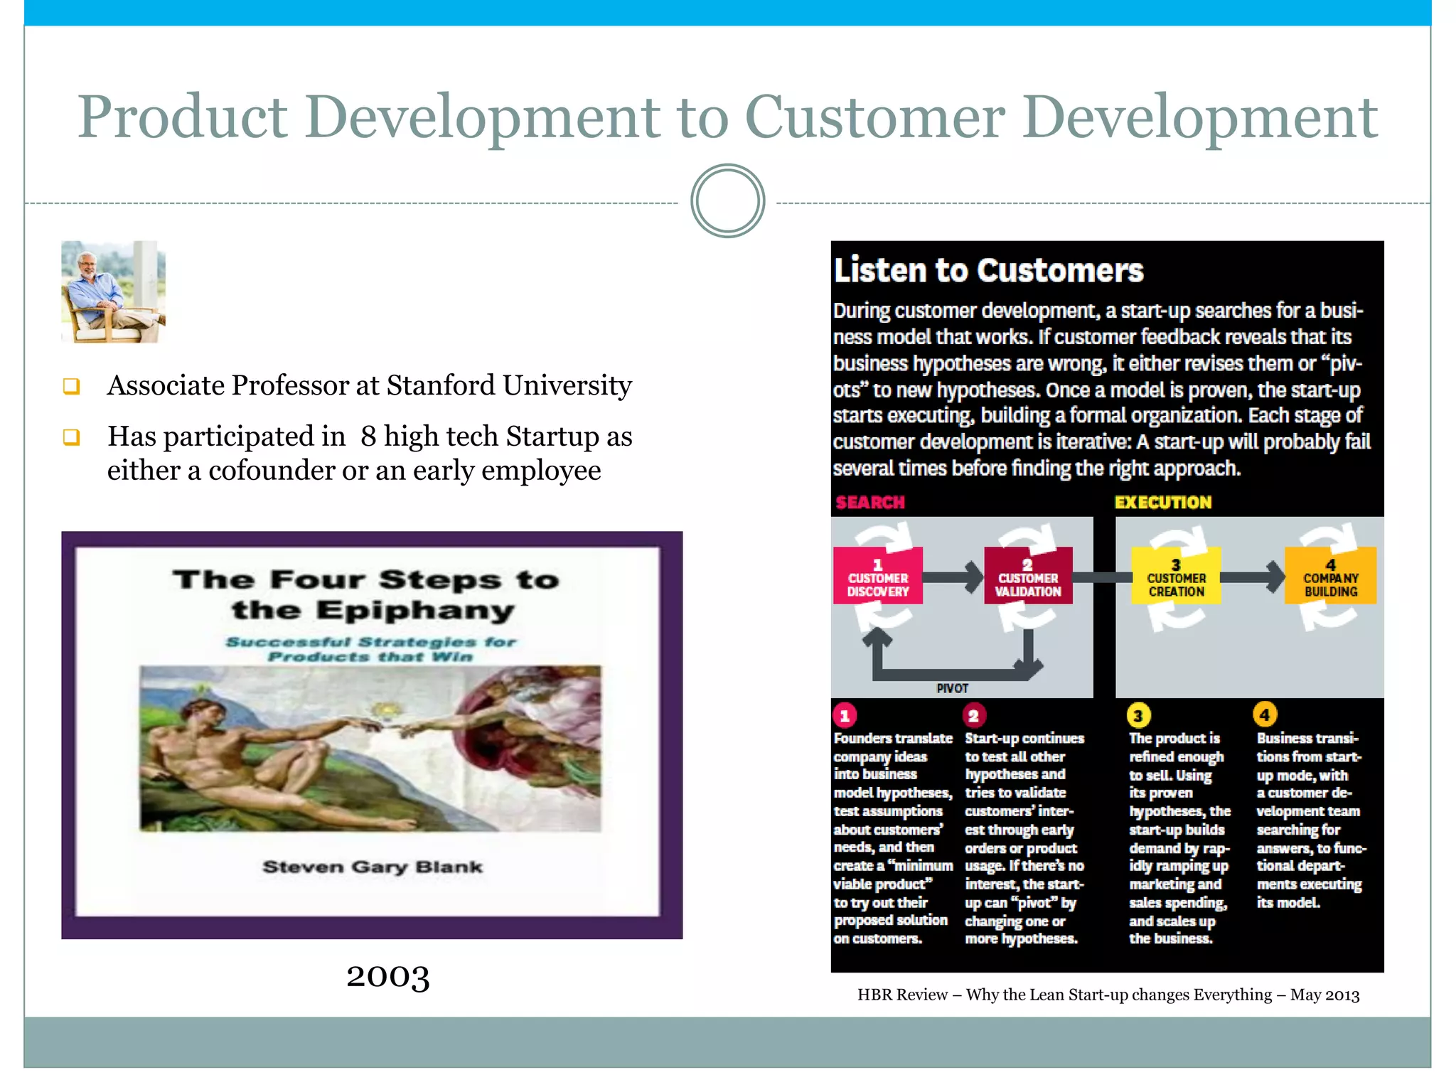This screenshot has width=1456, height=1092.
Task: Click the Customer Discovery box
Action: (878, 576)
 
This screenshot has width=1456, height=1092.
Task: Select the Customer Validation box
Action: (1028, 576)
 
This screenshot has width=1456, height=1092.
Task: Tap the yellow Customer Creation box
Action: (1176, 576)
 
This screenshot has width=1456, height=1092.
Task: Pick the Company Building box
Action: (1330, 576)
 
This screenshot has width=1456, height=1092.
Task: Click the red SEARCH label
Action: (870, 503)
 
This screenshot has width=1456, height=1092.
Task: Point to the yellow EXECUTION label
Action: (1163, 503)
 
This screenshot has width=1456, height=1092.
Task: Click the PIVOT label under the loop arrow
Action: (952, 688)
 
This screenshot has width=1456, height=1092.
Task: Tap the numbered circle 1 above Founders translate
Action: (845, 715)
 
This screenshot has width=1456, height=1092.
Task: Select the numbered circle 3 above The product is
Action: (1138, 715)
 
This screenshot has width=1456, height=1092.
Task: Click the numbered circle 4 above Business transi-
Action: (1265, 714)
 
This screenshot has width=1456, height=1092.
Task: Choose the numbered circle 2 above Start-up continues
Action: (974, 715)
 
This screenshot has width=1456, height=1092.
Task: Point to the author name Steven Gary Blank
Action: (373, 867)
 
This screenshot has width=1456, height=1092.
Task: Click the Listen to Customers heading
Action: (988, 271)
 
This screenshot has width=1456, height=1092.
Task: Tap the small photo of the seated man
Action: (113, 291)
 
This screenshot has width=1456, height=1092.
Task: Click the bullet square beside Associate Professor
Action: (71, 386)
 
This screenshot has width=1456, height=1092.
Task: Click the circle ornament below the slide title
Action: (727, 201)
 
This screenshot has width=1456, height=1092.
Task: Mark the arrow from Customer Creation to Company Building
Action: (1253, 577)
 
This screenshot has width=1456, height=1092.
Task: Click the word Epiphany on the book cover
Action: (415, 611)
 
